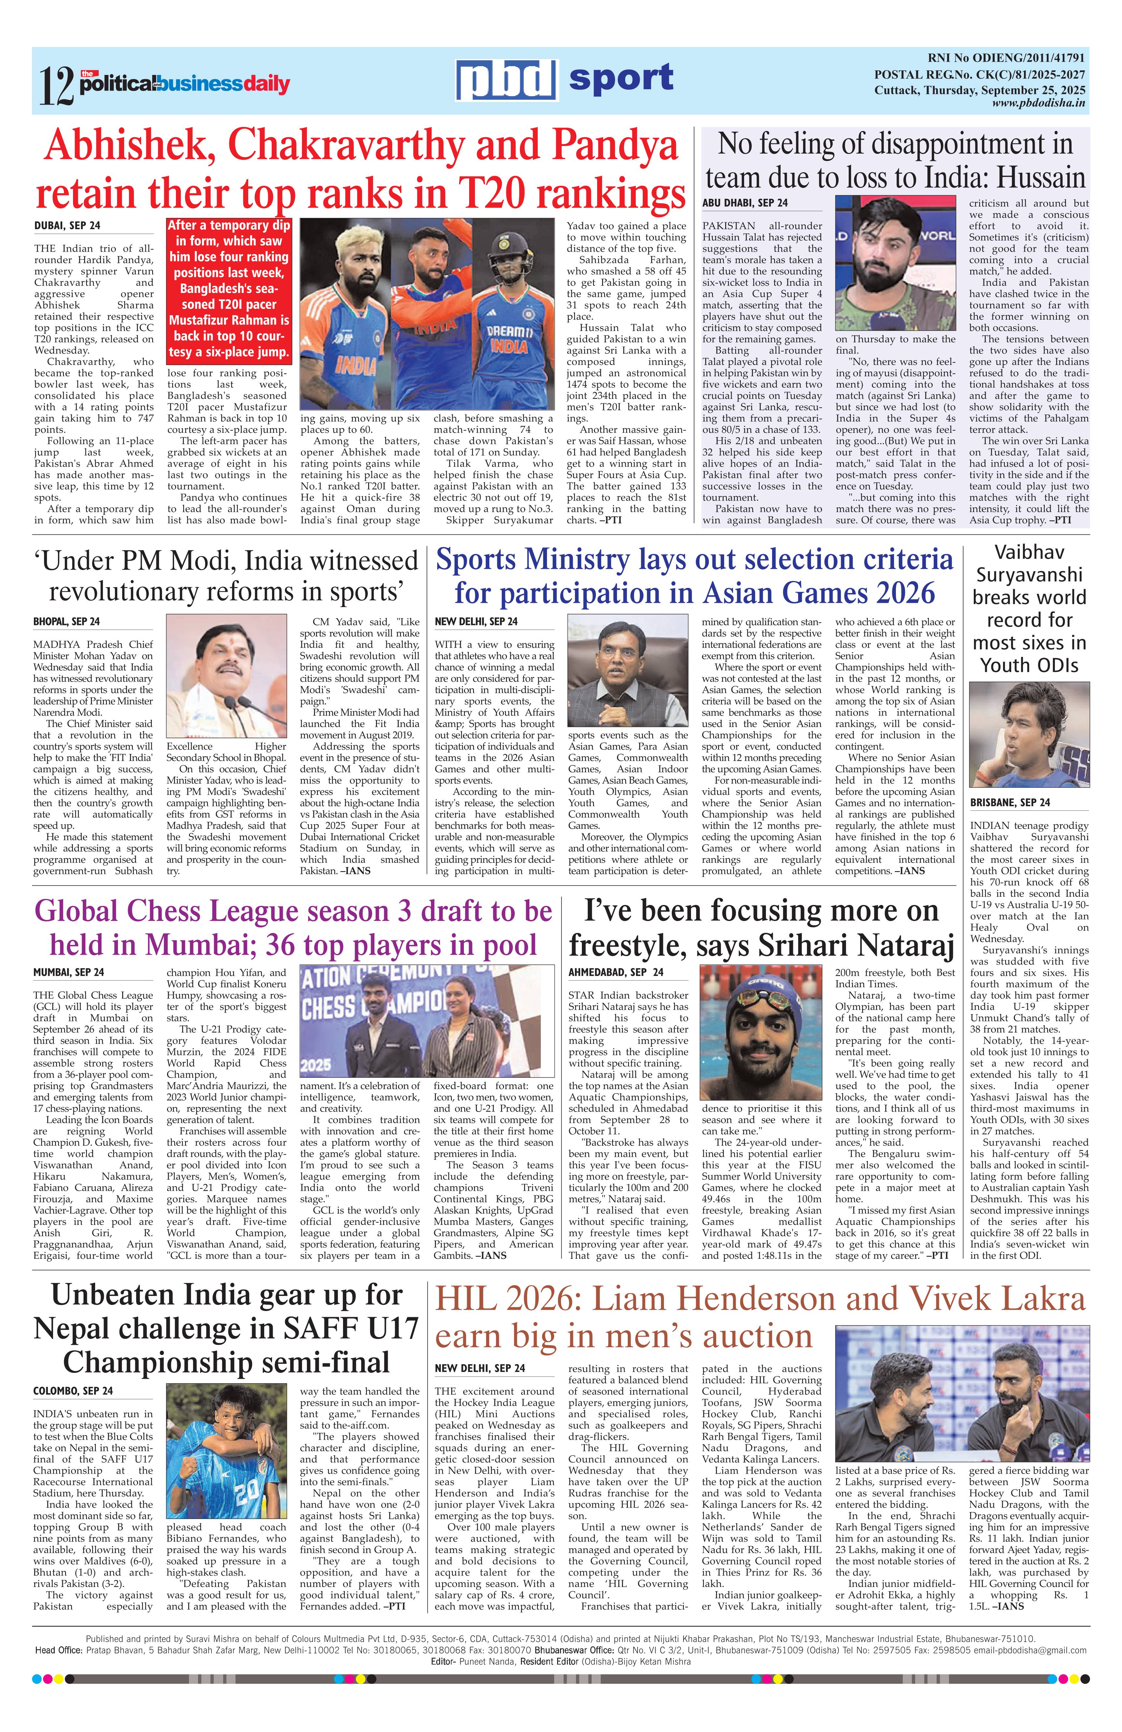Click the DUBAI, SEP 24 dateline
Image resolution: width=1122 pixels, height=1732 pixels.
click(x=67, y=226)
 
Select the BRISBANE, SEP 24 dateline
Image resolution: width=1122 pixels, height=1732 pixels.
click(x=1010, y=803)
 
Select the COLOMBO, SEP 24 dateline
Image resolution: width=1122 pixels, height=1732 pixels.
click(x=73, y=1391)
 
